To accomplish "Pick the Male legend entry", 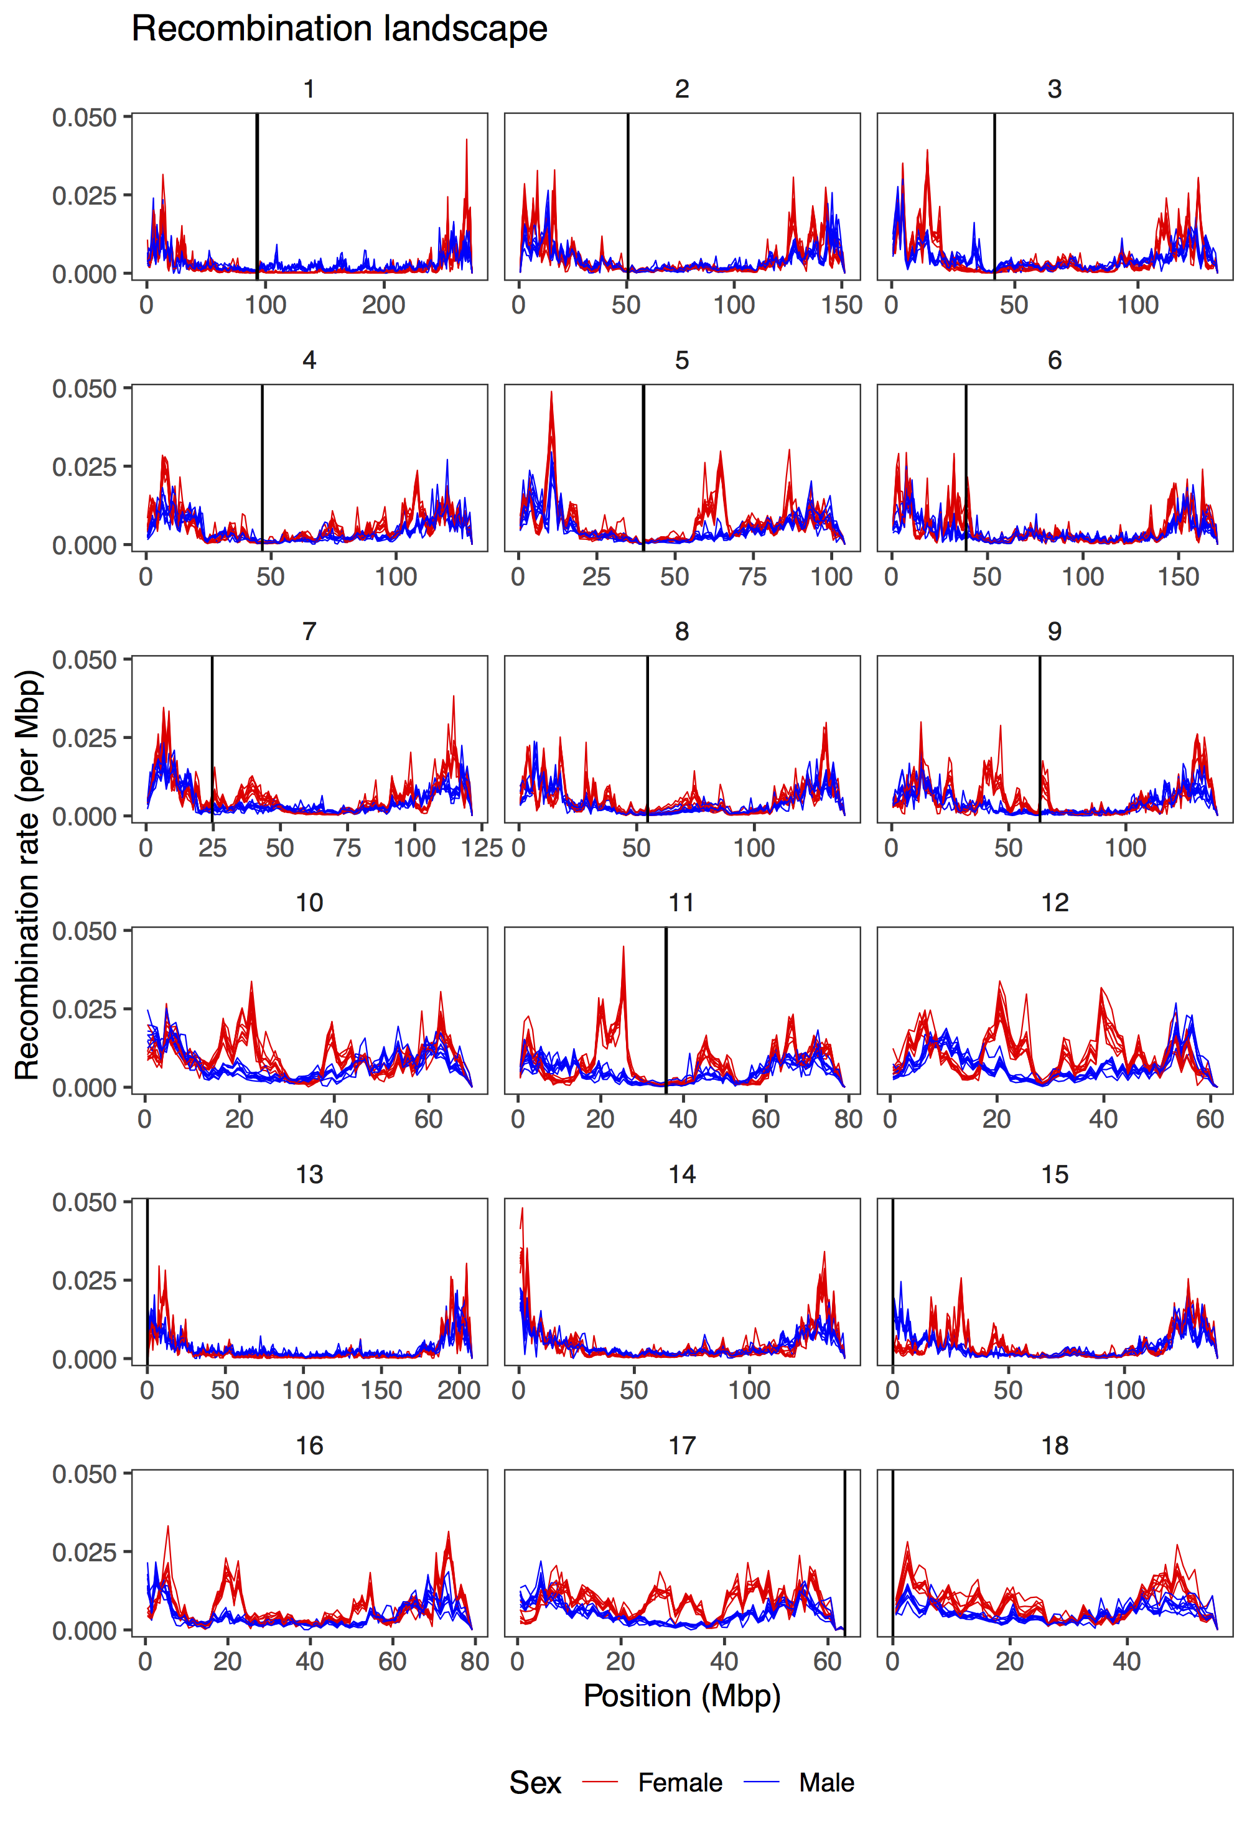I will [826, 1782].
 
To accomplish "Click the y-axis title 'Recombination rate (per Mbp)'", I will [27, 874].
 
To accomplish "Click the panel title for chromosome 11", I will [681, 903].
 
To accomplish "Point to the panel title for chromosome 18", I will [1054, 1445].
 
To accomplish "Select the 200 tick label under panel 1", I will [384, 305].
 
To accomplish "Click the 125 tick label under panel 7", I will [482, 848].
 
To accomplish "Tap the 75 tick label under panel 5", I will [753, 577].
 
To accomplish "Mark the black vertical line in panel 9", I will [1039, 738].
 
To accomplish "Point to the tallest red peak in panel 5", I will [551, 393].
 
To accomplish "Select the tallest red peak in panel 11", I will [623, 947].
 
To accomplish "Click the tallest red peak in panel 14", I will [522, 1209].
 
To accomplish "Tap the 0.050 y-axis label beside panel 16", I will [84, 1474].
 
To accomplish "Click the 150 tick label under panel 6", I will [1179, 577].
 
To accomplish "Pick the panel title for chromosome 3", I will [1054, 89].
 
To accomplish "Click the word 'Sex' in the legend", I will [535, 1782].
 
